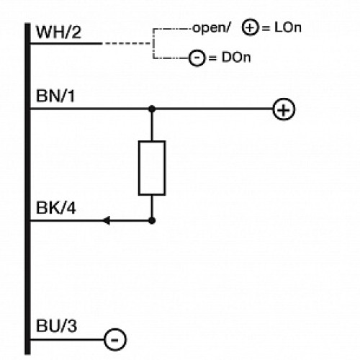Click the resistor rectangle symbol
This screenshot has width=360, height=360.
pos(151,168)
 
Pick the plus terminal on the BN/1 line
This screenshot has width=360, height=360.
pos(284,109)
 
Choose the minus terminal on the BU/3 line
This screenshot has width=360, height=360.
pos(115,338)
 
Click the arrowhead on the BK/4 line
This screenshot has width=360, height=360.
pos(107,220)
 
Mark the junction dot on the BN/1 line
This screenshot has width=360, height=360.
pos(151,109)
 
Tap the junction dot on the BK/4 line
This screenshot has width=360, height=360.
pos(151,220)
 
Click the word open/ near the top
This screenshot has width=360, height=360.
pos(211,30)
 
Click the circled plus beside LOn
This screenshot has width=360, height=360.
pos(250,30)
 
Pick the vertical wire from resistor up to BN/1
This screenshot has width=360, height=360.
pos(151,125)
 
